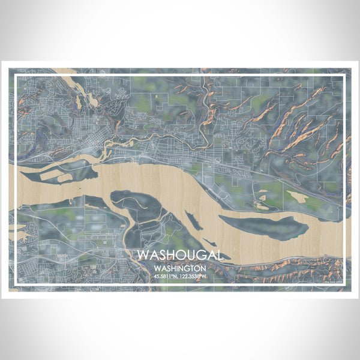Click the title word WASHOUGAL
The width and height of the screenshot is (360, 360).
[x=180, y=255]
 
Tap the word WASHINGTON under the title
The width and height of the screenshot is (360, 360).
[x=180, y=268]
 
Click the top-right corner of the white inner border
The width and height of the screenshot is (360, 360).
[x=349, y=74]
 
